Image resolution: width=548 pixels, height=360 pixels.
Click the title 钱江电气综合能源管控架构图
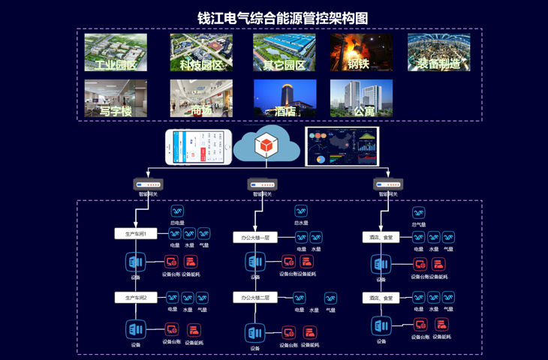coord(282,17)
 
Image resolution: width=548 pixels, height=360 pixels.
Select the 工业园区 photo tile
coord(116,52)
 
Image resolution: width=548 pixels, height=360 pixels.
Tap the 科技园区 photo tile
coord(201,52)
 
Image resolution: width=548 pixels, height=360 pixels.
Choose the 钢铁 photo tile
coord(361,52)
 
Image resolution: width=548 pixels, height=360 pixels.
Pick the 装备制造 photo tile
coord(439,52)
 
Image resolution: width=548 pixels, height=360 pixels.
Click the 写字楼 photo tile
coord(116,98)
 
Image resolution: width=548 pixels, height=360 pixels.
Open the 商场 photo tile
coord(201,98)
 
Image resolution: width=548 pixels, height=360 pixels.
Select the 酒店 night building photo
coord(285,98)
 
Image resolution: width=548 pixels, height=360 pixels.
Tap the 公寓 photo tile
coord(361,98)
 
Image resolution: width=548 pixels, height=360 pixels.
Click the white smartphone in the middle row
coord(199,146)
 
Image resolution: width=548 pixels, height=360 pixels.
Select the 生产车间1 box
coord(135,234)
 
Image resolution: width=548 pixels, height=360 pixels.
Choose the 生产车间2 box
coord(135,298)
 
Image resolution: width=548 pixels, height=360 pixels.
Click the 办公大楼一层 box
coord(255,237)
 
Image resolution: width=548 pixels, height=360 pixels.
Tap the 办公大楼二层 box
coord(255,298)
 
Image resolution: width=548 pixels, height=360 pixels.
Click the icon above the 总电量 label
coord(177,212)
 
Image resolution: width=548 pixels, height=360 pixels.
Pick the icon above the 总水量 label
coord(301,212)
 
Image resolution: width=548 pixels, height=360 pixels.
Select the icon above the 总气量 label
coord(419,213)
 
